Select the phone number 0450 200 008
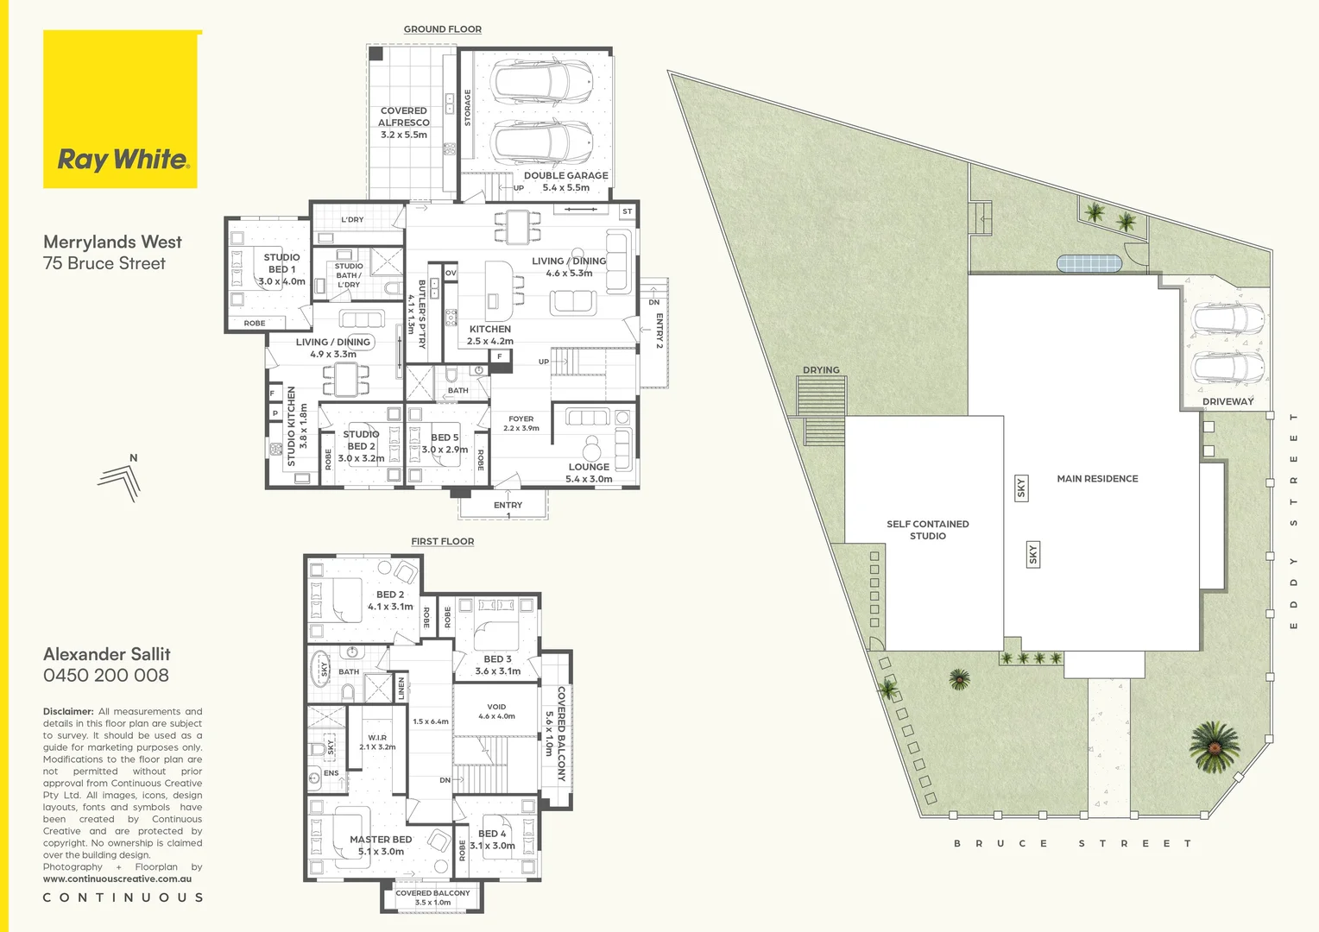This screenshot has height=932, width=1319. [x=106, y=676]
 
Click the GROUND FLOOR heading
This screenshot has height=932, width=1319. [x=442, y=29]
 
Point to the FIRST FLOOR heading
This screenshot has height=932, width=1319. [x=442, y=542]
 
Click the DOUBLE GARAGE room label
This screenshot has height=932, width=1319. [x=565, y=181]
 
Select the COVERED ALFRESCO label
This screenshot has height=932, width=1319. [x=404, y=123]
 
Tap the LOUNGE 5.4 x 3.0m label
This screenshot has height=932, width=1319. [x=589, y=473]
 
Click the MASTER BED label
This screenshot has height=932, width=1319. [x=381, y=845]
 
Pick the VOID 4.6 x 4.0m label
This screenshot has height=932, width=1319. [x=496, y=711]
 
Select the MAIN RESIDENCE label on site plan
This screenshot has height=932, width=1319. [x=1097, y=479]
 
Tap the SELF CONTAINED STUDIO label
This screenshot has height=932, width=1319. [x=927, y=530]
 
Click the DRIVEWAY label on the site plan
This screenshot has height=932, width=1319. [x=1227, y=402]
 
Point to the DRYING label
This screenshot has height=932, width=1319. [x=821, y=370]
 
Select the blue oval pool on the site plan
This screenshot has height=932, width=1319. [x=1089, y=263]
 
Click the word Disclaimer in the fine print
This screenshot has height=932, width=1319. [x=67, y=712]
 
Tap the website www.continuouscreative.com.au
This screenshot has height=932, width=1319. [x=117, y=879]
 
